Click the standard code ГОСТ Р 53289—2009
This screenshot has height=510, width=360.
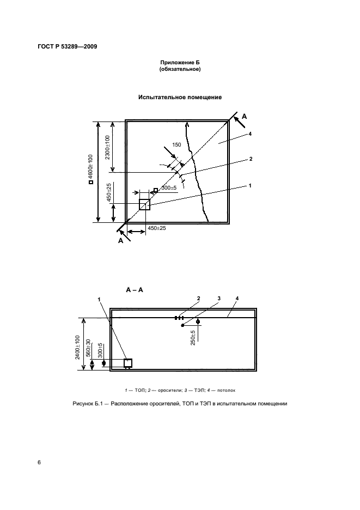(x=67, y=47)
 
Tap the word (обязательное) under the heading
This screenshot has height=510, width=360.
(x=180, y=70)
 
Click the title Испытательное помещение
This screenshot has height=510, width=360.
(x=180, y=98)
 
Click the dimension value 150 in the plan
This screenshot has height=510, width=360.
(x=176, y=145)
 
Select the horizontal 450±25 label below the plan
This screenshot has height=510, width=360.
(x=156, y=228)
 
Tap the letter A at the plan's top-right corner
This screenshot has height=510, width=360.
(x=245, y=116)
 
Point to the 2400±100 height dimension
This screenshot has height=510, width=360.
(x=78, y=345)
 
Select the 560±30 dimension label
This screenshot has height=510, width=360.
(x=89, y=349)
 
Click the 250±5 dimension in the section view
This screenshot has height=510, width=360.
(x=193, y=338)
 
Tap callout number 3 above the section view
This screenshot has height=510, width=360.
(x=218, y=298)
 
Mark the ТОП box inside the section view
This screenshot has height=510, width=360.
(x=128, y=363)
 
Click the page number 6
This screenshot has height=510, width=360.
(x=39, y=463)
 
